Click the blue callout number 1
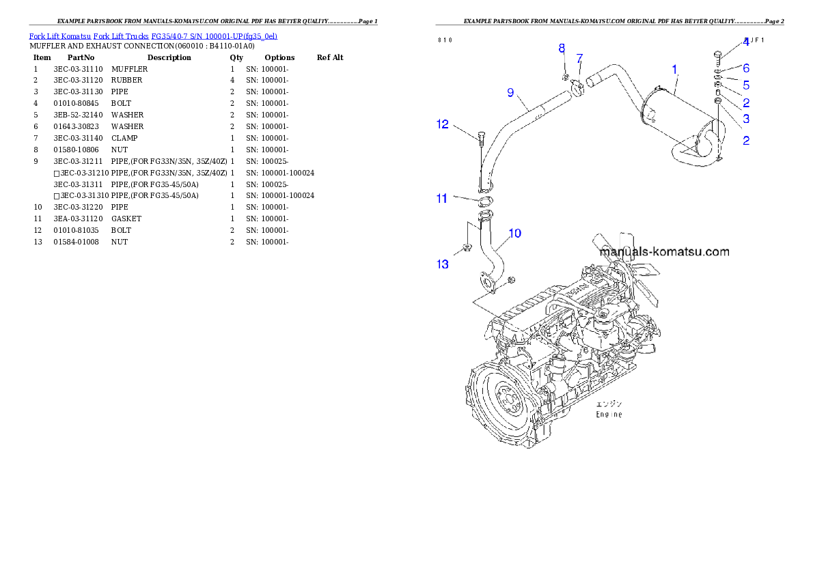(674, 69)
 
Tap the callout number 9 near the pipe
(510, 92)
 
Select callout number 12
(443, 124)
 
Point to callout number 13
(443, 264)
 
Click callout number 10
(514, 234)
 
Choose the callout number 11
(442, 199)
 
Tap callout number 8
(562, 48)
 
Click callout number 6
(746, 68)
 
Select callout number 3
(746, 119)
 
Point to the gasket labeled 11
(484, 201)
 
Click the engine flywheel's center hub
(508, 400)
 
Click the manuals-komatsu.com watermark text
(664, 251)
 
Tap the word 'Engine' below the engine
(609, 415)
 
